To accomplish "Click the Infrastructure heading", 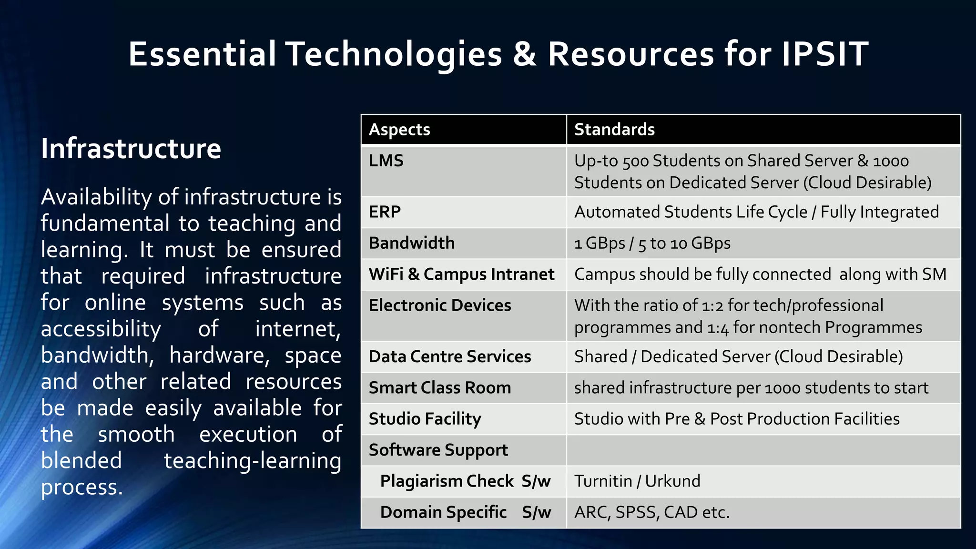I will point(131,149).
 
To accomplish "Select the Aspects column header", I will point(399,130).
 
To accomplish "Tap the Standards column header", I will point(614,130).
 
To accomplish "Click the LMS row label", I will point(386,161).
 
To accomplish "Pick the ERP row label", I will point(385,212).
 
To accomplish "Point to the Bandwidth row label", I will point(412,243).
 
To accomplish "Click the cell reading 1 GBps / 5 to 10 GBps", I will point(652,244).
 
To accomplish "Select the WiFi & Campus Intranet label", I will point(461,274).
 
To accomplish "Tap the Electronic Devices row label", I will point(440,305).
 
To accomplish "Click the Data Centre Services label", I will point(450,356).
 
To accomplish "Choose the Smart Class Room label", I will point(439,388).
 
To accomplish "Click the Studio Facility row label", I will point(425,419).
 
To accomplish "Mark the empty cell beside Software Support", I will point(762,450).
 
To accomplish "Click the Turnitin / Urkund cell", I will point(637,481).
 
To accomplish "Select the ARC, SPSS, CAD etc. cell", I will point(652,512).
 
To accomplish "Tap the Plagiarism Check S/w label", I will point(465,481).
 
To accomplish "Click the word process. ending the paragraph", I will point(82,488).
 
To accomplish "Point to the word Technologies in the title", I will point(394,54).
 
